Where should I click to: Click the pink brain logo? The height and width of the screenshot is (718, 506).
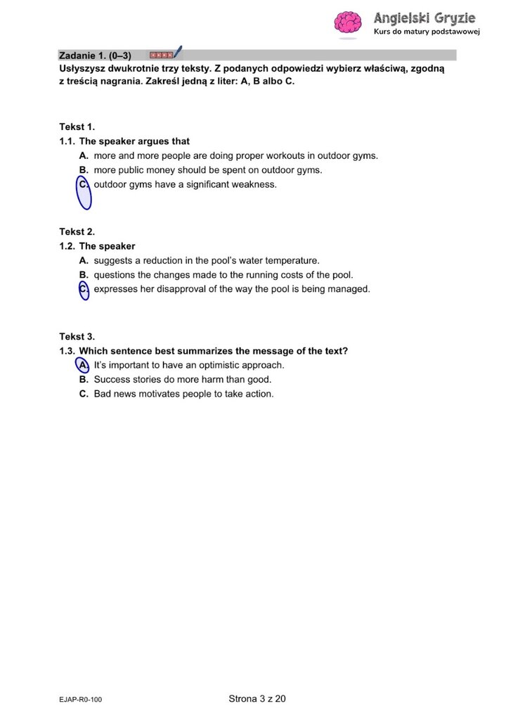[x=347, y=23]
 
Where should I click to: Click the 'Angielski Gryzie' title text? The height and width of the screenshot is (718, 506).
[x=424, y=18]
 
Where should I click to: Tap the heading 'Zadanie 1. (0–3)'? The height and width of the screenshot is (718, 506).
[x=95, y=55]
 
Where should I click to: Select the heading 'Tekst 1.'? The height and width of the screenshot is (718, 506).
[x=77, y=127]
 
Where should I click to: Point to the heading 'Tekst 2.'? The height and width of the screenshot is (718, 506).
[x=77, y=231]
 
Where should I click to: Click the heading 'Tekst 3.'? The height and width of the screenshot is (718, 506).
[x=77, y=336]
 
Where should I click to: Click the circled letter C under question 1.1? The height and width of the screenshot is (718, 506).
[x=84, y=185]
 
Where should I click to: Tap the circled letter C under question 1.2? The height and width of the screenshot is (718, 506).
[x=84, y=289]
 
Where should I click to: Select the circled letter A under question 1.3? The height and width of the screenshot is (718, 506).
[x=83, y=365]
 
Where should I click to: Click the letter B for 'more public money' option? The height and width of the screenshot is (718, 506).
[x=83, y=170]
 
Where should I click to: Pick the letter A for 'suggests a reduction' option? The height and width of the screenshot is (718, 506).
[x=83, y=260]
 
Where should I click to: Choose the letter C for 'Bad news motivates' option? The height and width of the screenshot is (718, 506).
[x=83, y=394]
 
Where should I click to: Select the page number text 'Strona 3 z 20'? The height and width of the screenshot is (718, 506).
[x=257, y=698]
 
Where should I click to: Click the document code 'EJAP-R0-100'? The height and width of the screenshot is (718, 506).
[x=81, y=700]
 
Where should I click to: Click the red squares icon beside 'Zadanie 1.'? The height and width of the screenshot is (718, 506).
[x=161, y=54]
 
